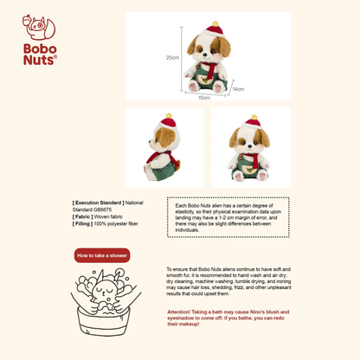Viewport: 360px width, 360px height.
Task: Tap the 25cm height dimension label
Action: coord(172,58)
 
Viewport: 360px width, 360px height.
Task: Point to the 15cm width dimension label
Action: coord(204,98)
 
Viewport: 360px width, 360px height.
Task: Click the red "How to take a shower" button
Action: coord(102,255)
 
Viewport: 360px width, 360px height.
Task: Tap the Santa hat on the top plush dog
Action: coord(211,29)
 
